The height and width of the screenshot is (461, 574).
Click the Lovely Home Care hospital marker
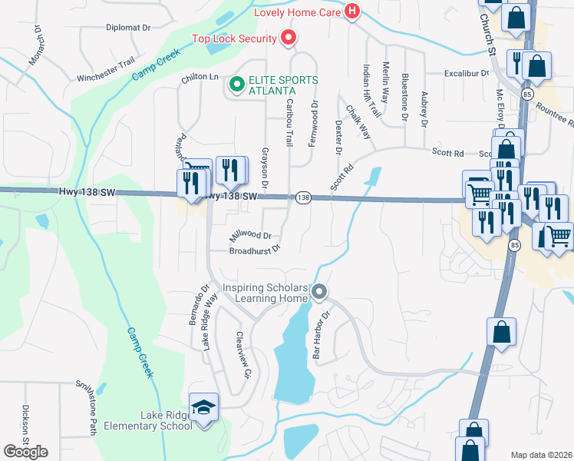coord(352,12)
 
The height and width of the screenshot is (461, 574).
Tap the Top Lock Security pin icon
coord(289,38)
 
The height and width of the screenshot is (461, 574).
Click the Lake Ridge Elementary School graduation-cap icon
coord(204,406)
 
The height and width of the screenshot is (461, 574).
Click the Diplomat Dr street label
coord(128,26)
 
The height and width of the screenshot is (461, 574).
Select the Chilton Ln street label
coord(200,78)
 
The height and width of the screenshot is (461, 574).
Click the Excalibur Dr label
coord(466,74)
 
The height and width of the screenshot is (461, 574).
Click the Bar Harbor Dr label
coord(321,335)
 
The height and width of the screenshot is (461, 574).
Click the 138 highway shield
coord(302,197)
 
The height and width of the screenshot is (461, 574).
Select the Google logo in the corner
coord(25,452)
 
